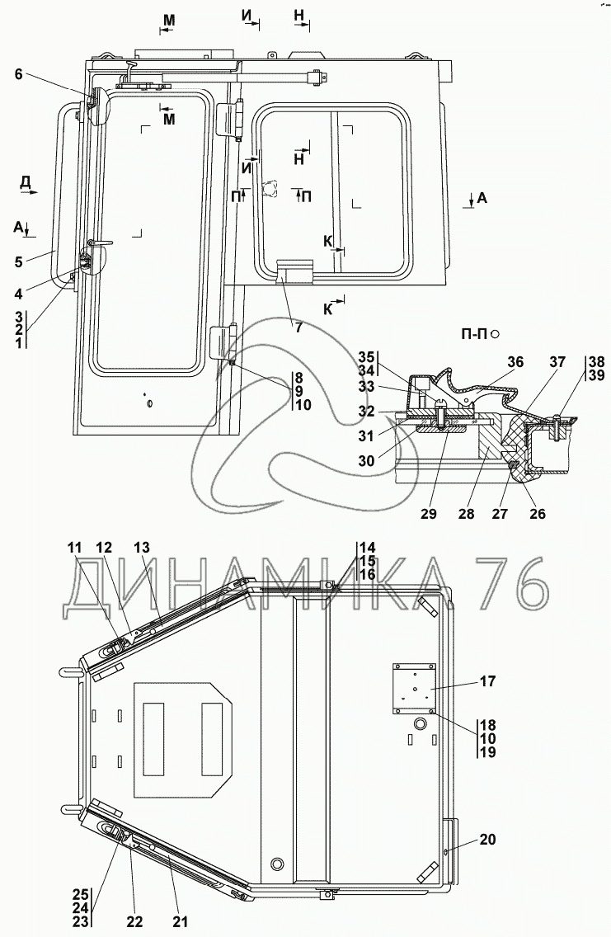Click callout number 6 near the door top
(x=18, y=74)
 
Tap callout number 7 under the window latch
(x=299, y=327)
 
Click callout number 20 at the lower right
(x=488, y=840)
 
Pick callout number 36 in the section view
(x=515, y=360)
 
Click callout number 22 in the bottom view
(x=134, y=921)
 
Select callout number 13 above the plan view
(x=142, y=547)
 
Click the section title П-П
(x=472, y=333)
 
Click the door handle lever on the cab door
(x=100, y=242)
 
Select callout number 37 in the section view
(x=558, y=360)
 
